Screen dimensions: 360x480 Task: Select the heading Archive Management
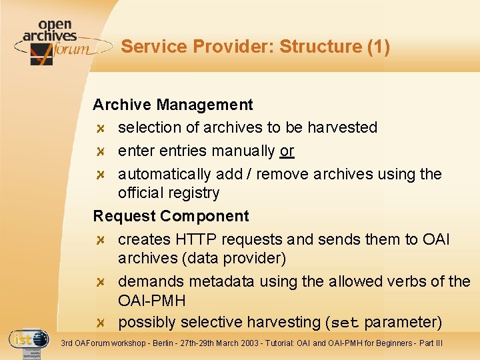point(173,105)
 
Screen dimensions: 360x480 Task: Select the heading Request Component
point(171,216)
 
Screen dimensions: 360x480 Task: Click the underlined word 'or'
point(287,151)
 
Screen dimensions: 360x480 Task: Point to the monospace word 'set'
point(345,323)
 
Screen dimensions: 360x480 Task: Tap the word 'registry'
point(194,193)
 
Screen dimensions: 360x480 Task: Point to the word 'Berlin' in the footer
point(177,343)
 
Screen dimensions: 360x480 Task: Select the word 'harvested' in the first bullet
point(342,127)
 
